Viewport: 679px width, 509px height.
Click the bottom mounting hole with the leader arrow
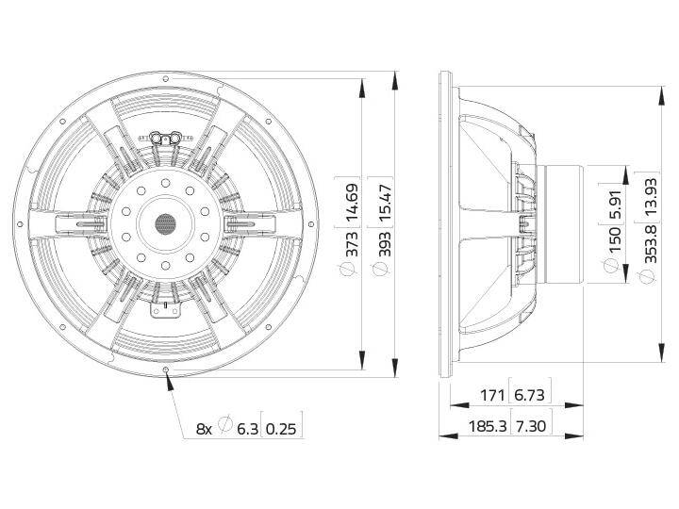(166, 369)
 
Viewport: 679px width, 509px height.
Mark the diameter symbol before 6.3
(225, 427)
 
